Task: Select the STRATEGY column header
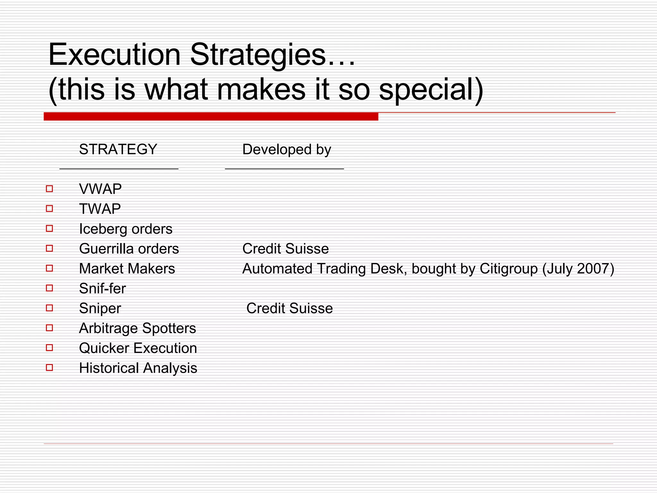(x=118, y=150)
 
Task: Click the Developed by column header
(x=286, y=150)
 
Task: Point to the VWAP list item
(x=100, y=189)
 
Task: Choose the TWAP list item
(x=100, y=209)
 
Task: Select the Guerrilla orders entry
(x=129, y=249)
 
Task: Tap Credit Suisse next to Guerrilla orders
(x=286, y=249)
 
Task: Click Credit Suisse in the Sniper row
(x=289, y=308)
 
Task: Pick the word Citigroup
(x=508, y=269)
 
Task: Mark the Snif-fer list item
(x=102, y=289)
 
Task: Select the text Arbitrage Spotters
(x=137, y=328)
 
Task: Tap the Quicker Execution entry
(x=138, y=348)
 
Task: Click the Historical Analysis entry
(x=138, y=368)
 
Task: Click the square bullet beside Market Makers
(x=49, y=268)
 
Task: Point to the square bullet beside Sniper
(x=49, y=308)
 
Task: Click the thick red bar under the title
(x=211, y=117)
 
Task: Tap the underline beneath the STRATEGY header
(x=119, y=169)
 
